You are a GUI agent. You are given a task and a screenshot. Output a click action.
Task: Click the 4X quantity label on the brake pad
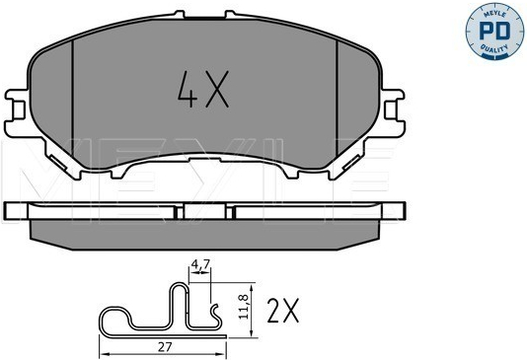point(203,90)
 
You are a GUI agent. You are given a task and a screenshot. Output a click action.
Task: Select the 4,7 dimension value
point(200,264)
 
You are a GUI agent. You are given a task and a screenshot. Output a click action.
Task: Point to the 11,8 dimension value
point(244,307)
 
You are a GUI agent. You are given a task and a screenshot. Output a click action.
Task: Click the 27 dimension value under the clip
point(165,347)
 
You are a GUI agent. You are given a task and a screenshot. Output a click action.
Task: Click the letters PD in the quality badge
point(494,32)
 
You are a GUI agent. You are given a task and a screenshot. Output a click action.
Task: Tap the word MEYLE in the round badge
point(494,13)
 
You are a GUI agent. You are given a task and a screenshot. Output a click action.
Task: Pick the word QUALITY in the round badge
point(494,48)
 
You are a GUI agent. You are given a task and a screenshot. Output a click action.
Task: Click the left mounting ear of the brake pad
point(17,113)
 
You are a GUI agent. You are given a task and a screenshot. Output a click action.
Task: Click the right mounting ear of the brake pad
point(393,112)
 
